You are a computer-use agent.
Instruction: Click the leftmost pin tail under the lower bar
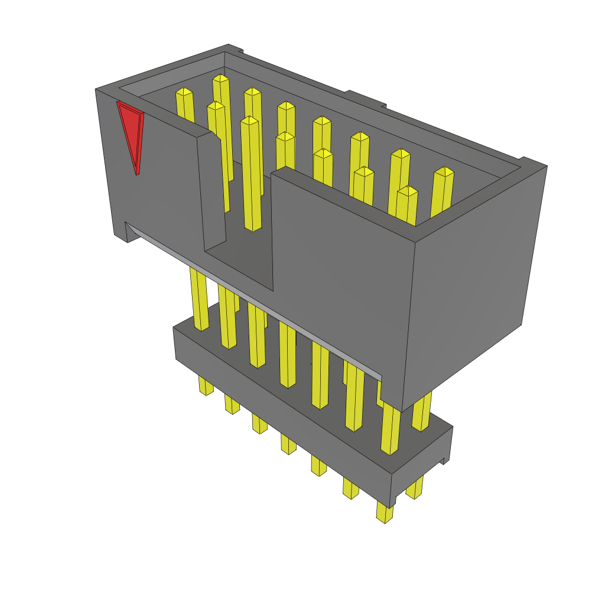tap(206, 386)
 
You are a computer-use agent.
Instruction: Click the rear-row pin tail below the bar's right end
tap(415, 488)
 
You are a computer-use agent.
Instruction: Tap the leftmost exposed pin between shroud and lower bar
tap(199, 298)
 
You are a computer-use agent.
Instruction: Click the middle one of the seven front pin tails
tap(288, 443)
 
